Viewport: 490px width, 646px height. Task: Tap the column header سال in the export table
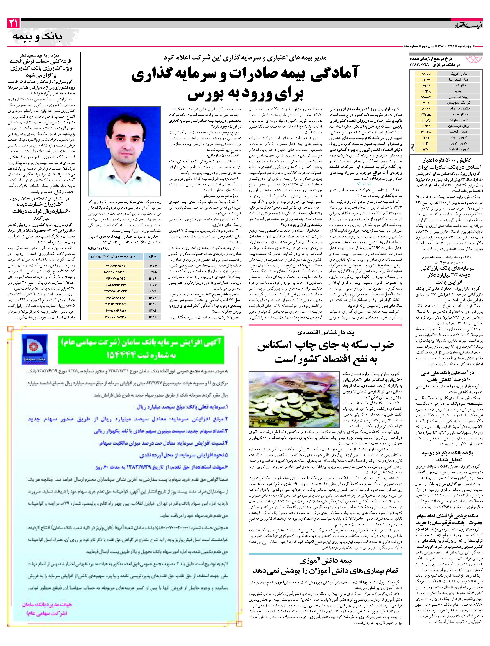[x=153, y=256]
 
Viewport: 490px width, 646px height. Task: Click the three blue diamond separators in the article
[x=364, y=183]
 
